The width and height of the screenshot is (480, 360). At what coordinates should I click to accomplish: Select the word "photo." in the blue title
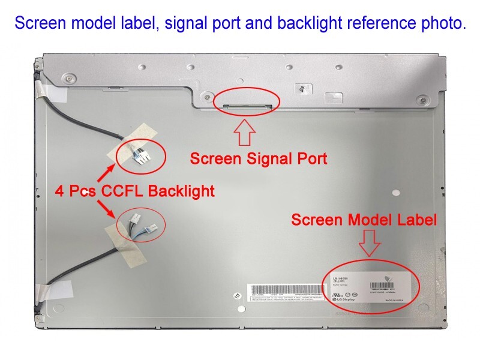[443, 23]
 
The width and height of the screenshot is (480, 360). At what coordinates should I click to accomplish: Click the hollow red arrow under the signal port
[245, 132]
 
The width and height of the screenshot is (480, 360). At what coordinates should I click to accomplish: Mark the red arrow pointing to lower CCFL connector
[107, 211]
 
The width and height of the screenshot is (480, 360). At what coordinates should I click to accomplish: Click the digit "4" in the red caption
[59, 191]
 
